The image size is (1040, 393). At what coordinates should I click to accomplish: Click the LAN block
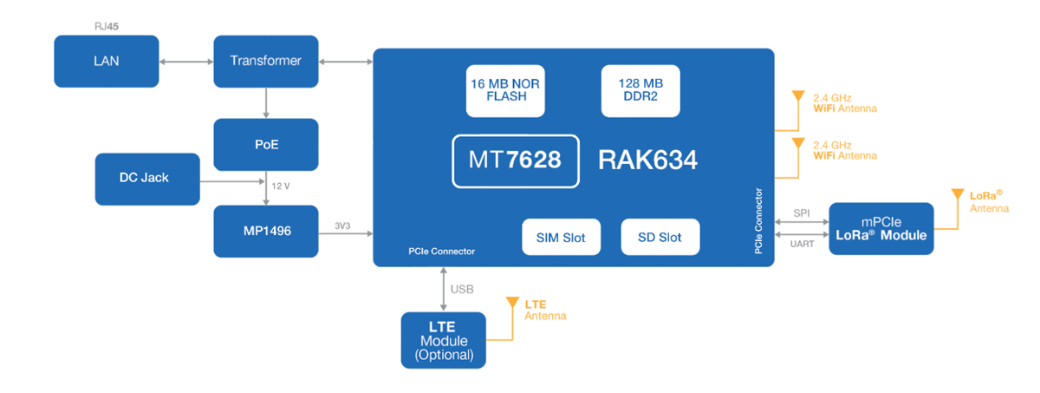pos(106,61)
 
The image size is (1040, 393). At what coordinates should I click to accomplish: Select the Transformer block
pos(265,61)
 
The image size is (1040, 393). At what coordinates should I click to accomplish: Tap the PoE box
pos(265,144)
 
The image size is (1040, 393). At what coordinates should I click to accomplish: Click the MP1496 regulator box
pos(265,232)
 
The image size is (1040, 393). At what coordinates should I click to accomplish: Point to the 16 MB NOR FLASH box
pos(506,90)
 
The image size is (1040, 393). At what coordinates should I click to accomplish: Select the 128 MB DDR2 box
pos(640,90)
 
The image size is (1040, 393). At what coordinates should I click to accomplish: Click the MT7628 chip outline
pos(515,160)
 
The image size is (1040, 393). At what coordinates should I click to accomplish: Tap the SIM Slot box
pos(561,238)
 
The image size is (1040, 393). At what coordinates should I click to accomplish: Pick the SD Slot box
pos(660,238)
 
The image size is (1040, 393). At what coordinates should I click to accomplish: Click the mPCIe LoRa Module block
pos(881,229)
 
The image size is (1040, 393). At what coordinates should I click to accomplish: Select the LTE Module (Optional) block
pos(444,340)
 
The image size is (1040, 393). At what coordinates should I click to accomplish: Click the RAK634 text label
pos(647,160)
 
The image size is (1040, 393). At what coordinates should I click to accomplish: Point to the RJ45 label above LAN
pos(107,27)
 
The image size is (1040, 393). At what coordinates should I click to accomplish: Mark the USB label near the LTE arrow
pos(463,289)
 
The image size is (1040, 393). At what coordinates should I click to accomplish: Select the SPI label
pos(802,213)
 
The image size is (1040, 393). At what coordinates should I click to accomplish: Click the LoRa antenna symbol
pos(957,197)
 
